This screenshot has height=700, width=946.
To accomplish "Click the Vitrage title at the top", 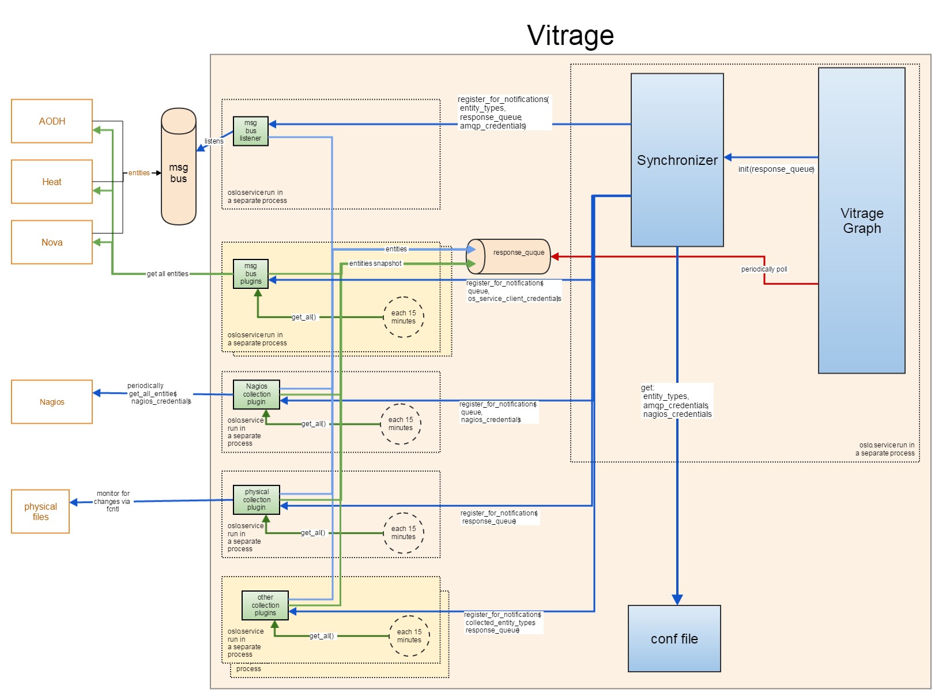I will click(x=570, y=36).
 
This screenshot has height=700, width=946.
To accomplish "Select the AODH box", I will click(x=52, y=121).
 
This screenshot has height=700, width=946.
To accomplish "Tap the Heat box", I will click(x=52, y=182).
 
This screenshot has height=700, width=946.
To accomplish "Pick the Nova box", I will click(x=52, y=242).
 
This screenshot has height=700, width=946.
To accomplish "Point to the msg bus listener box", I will click(x=251, y=131).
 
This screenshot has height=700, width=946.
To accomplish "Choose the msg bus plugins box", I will click(x=251, y=274).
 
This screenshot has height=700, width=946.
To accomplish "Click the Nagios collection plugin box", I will click(x=257, y=394).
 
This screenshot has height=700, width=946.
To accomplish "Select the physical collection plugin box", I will click(x=257, y=500).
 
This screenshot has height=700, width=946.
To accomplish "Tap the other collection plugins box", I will click(x=265, y=605).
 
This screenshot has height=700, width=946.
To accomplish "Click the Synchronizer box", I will click(x=677, y=160).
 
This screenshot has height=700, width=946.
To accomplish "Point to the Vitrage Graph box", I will click(x=862, y=221).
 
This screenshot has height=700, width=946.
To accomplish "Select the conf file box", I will click(x=674, y=639).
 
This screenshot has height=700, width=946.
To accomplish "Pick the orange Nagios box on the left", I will click(x=52, y=402).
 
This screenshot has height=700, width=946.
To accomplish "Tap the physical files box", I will click(x=40, y=511).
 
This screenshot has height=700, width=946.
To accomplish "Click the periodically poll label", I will click(x=764, y=269).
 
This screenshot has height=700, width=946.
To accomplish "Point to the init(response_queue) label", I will click(x=776, y=169).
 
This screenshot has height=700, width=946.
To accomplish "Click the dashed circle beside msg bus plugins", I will click(x=404, y=317).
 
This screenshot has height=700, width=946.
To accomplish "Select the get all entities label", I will click(x=168, y=274).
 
